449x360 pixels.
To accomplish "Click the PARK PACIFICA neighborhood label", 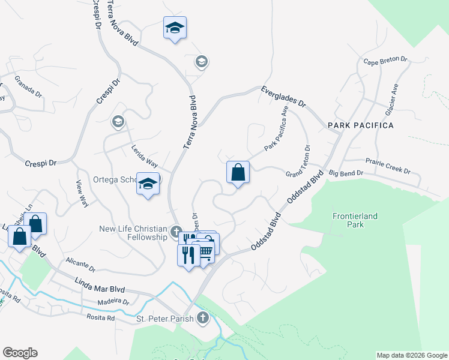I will [x=360, y=125].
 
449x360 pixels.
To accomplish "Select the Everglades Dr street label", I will [x=283, y=97].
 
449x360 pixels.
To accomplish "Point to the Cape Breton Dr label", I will [x=385, y=61].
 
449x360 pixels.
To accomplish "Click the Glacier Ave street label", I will [x=391, y=99].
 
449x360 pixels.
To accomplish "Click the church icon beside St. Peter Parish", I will [x=203, y=318].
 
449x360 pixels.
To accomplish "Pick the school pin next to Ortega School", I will [x=148, y=184].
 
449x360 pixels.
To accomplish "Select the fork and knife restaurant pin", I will [x=188, y=255].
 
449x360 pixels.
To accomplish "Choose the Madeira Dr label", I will [x=113, y=302].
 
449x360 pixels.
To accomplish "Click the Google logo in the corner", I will [x=20, y=353].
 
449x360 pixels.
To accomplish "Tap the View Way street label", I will [x=83, y=194].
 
